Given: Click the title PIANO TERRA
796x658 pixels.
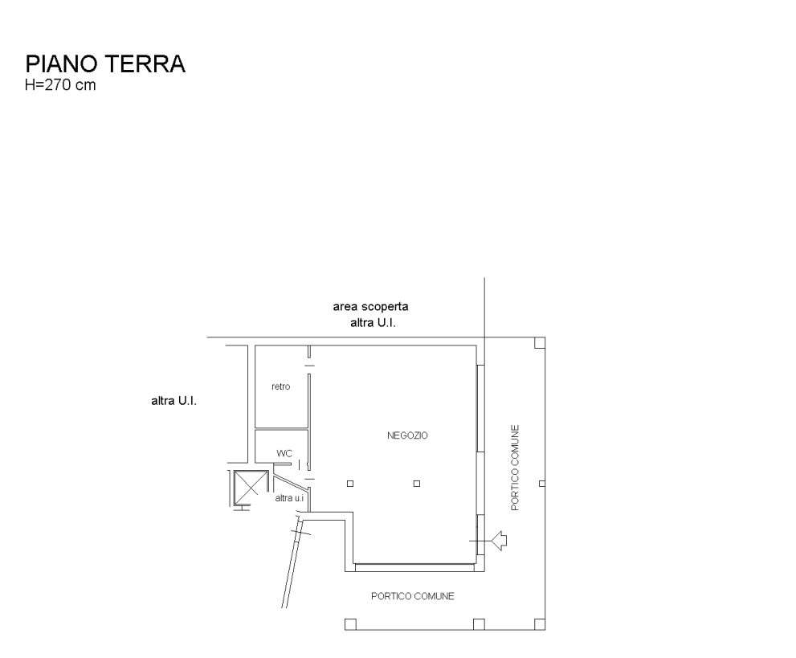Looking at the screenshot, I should point(105,64).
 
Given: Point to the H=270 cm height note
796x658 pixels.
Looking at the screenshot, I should point(61,85).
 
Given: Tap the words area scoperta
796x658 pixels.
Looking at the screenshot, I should point(371,307).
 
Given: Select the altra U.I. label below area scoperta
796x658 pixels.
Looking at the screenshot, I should point(374,323).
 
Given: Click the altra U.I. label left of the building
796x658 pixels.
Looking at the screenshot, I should point(173,400).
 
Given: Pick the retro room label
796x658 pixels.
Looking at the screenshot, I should point(280,386).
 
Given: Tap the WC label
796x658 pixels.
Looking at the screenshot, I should point(284,453).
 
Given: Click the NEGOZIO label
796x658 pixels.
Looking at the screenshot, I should point(407,435).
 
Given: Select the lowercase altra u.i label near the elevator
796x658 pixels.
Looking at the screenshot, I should point(289,498).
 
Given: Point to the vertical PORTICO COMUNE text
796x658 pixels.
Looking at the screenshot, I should point(515,467).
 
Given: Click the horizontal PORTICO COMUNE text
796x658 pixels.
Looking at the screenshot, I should point(412,596).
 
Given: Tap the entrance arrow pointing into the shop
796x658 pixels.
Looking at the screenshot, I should point(499,542).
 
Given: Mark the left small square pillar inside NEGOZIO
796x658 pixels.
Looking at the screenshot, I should point(350,484).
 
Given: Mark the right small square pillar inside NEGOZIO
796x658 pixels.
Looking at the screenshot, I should point(416,484).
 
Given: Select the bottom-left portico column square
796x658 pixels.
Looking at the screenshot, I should point(350,624).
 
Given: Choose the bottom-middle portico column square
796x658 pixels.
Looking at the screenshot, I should point(479,624).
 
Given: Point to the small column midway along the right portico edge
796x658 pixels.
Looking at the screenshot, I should point(542,484).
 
